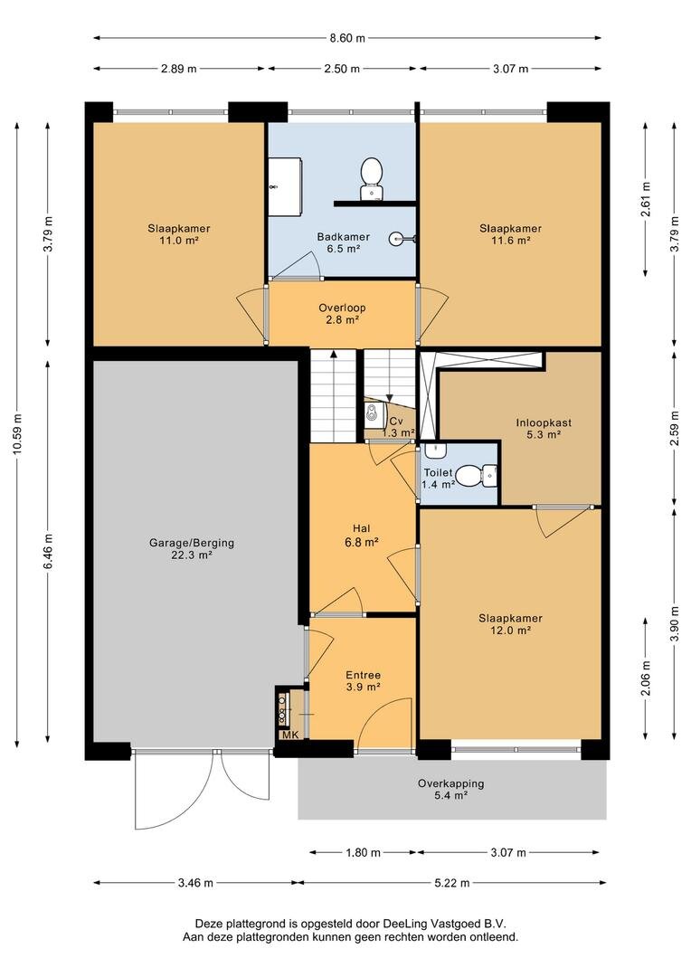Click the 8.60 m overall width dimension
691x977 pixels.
pos(347,38)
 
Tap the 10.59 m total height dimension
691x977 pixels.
pos(17,433)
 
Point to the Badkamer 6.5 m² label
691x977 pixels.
pos(344,242)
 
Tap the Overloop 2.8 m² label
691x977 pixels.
pos(342,313)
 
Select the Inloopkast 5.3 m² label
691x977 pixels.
pos(544,429)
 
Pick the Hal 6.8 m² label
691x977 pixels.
pos(362,536)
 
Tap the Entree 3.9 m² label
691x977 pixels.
pos(364,681)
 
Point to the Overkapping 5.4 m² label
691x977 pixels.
pos(450,790)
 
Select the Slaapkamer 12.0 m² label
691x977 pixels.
pos(510,624)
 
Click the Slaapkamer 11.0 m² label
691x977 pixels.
pos(179,234)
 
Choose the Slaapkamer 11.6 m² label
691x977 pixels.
pos(510,234)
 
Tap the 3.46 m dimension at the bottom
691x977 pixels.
pos(195,883)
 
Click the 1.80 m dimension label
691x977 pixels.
pos(363,852)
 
